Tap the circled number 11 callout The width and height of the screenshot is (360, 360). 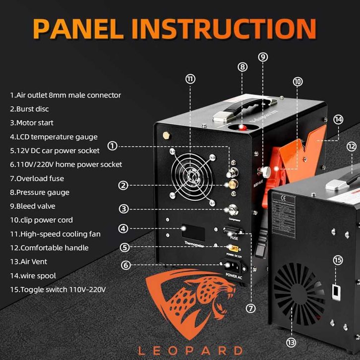pos(190,79)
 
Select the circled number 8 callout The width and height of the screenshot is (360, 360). pos(242,66)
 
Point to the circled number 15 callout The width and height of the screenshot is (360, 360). pos(338,260)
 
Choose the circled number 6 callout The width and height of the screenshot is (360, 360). pos(126,265)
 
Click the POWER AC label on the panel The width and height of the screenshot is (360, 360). pos(233,275)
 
